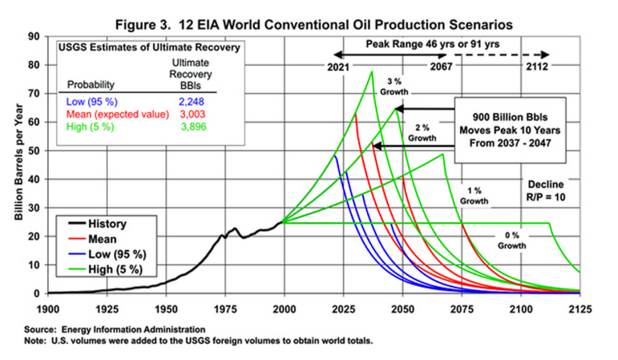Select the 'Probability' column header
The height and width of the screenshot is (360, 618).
[91, 83]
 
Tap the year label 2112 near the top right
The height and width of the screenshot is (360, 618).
[535, 67]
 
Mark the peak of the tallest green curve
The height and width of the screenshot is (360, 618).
[372, 71]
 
